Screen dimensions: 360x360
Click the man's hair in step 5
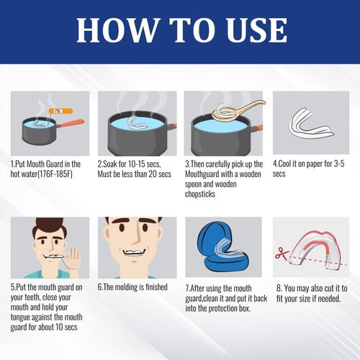pyautogui.click(x=39, y=230)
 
